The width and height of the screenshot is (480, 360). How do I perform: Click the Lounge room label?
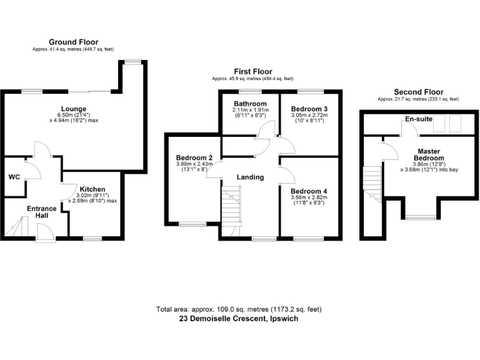point(71,109)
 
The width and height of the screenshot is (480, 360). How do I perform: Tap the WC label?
point(14,177)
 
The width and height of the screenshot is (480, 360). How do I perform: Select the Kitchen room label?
point(92,189)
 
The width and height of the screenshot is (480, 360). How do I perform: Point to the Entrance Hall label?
point(41,213)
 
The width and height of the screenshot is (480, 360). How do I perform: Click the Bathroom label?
point(250,104)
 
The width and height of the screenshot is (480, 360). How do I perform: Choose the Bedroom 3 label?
point(309,109)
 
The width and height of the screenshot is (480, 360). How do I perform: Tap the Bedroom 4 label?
point(309,191)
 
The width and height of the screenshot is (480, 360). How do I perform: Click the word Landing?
point(250,177)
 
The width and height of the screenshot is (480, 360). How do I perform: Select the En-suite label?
point(419,118)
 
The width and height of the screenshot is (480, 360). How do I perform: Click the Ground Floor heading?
point(72,42)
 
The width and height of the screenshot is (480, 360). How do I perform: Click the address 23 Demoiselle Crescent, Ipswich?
point(239,319)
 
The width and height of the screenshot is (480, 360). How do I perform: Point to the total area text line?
point(239,309)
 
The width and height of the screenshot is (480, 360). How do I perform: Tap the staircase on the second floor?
point(373,182)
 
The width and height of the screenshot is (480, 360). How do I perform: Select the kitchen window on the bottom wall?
point(92,238)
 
